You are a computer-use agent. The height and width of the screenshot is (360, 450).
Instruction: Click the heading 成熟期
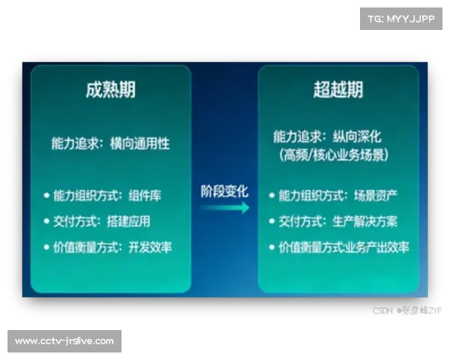[110, 89]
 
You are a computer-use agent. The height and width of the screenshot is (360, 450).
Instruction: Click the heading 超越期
[338, 89]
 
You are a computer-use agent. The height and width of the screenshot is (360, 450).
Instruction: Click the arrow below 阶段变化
[224, 208]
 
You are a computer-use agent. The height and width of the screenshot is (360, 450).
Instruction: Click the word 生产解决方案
[366, 221]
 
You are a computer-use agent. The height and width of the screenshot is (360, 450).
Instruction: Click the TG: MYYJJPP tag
[402, 18]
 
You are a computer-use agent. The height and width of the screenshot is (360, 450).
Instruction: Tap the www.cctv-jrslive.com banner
[65, 341]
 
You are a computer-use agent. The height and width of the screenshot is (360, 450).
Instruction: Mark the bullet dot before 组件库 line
[47, 196]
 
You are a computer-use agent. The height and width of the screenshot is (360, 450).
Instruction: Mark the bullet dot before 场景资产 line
[272, 196]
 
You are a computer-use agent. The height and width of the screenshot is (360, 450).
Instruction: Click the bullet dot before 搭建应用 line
[47, 221]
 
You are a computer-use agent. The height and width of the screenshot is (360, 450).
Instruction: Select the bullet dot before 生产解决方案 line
[272, 221]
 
